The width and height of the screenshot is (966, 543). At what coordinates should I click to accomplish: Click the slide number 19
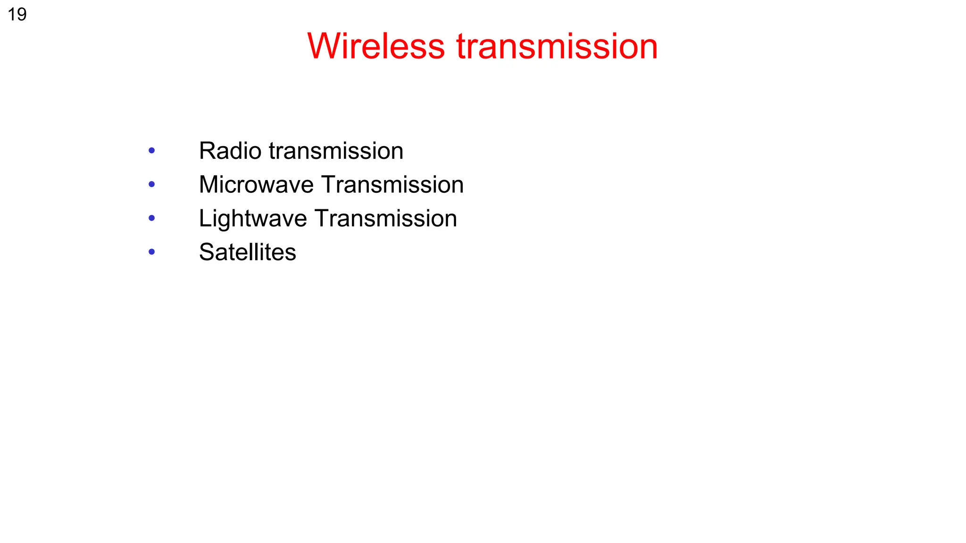(x=17, y=15)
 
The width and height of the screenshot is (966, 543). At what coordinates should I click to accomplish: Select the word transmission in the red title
(x=557, y=46)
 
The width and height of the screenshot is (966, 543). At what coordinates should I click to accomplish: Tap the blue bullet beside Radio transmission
(x=151, y=151)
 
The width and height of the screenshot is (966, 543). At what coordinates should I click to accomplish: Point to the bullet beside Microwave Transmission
(x=151, y=184)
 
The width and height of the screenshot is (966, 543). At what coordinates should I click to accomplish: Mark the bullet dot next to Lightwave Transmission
(x=151, y=218)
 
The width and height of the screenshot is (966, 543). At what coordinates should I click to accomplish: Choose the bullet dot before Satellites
(x=151, y=252)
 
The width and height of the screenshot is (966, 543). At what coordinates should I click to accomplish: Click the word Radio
(x=230, y=151)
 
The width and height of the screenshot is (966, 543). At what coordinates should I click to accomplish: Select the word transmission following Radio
(x=336, y=151)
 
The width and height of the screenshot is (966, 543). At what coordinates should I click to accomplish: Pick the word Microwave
(x=256, y=184)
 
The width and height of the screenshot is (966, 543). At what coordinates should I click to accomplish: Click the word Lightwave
(x=253, y=219)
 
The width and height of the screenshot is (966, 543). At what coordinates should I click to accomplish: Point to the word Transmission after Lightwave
(x=386, y=218)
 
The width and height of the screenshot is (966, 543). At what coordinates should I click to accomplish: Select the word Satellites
(x=248, y=252)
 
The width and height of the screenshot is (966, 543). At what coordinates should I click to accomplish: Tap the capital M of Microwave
(x=209, y=184)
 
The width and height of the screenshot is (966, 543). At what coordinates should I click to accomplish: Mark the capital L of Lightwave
(x=205, y=218)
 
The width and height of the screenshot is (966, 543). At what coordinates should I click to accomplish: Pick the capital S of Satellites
(x=206, y=252)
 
